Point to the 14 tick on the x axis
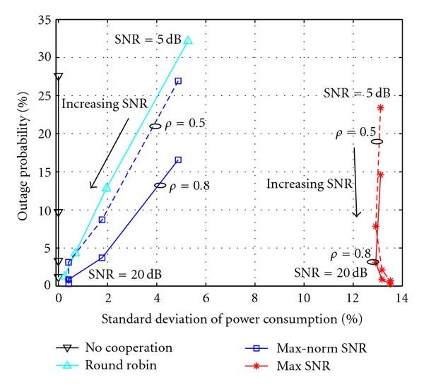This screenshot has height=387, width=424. tap(402, 297)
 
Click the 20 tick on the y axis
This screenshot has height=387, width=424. tap(46, 133)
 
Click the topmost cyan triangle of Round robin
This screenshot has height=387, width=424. tap(188, 40)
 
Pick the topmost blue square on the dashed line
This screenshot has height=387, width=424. tap(178, 81)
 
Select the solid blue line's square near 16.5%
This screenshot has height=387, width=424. tap(178, 160)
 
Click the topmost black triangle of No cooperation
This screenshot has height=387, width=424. tap(59, 76)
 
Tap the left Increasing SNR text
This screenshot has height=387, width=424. tap(105, 104)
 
